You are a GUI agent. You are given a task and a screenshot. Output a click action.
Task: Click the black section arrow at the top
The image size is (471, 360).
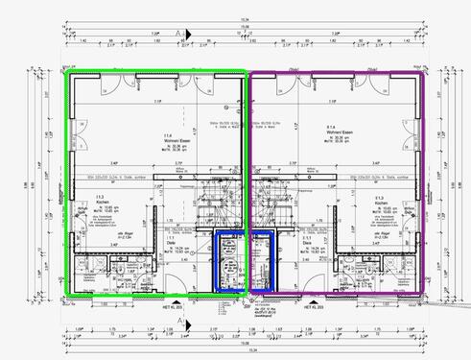click(x=186, y=33)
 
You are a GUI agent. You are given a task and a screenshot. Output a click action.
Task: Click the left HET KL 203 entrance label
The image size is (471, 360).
click(x=170, y=308)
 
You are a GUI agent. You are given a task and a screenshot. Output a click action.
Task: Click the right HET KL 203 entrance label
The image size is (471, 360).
click(x=314, y=308)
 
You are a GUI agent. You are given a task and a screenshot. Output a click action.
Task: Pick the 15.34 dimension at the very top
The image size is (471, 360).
click(x=245, y=17)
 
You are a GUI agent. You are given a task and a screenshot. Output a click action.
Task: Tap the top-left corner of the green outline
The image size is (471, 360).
click(x=65, y=73)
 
